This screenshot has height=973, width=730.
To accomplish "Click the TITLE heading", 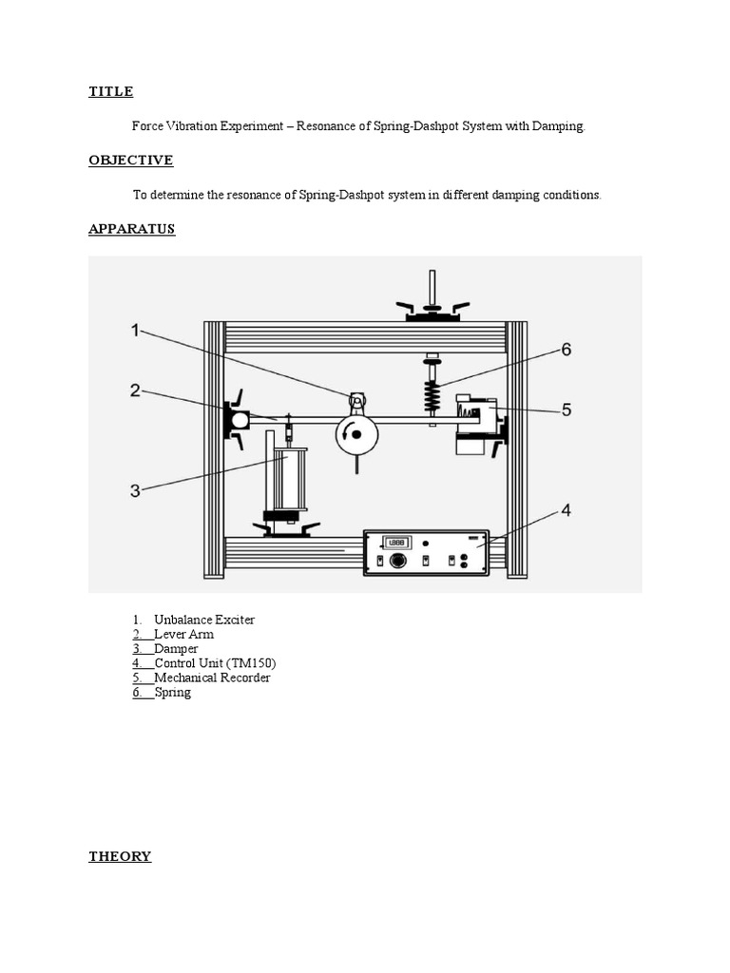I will tap(110, 92).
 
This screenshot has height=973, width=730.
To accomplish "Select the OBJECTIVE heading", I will tap(130, 161).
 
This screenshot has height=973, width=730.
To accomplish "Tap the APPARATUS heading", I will tap(132, 229).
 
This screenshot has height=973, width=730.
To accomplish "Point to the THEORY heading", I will tap(120, 856).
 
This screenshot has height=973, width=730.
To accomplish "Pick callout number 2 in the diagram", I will tap(135, 391).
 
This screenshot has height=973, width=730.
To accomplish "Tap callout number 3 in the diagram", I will tap(135, 490).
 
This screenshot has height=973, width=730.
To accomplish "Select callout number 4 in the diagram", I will tap(566, 510).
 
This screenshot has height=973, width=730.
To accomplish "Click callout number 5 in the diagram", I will tap(566, 410).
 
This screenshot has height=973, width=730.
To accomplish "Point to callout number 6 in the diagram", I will tap(566, 349).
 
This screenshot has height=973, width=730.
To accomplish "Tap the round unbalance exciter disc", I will tap(355, 434).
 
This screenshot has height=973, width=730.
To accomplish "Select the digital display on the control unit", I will tap(396, 543).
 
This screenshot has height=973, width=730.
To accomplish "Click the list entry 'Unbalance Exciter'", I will tap(204, 620).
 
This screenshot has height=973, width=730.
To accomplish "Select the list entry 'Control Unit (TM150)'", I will tap(215, 663).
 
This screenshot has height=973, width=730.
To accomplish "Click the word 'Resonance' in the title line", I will tap(327, 126).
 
